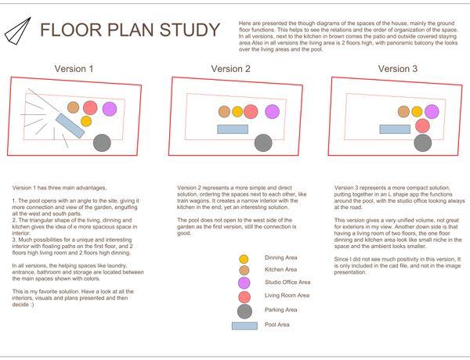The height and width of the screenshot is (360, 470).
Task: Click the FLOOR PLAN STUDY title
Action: coord(130,31)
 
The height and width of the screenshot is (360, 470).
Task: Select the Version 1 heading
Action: coord(74,69)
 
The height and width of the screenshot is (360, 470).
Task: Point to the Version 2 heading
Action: coord(231,69)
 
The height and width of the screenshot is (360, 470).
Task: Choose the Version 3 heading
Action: coord(399,69)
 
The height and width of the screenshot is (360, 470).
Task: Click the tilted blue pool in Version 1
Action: coord(70,125)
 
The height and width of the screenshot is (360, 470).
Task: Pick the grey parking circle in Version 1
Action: coord(102,142)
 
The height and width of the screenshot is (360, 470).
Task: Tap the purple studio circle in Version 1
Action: coord(109,108)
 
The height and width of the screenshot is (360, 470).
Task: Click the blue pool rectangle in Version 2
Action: coord(233,129)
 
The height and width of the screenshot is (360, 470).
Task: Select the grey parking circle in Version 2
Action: coord(263,142)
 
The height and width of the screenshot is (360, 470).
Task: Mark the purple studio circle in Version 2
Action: coord(272,111)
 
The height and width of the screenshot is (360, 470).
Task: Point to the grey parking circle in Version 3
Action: coord(423,142)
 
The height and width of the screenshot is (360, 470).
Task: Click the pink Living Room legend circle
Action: coord(244,297)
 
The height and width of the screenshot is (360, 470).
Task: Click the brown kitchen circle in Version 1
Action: coord(73,106)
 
